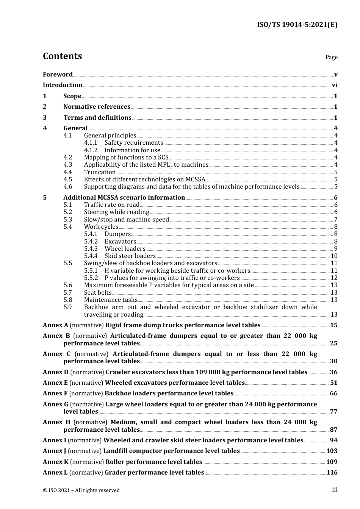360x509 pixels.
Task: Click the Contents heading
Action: [x=62, y=56]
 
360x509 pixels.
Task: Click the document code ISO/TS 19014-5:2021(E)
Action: [x=297, y=25]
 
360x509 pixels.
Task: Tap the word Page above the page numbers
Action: [x=331, y=57]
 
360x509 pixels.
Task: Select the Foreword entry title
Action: [x=58, y=75]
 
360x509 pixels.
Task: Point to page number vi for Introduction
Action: [x=335, y=85]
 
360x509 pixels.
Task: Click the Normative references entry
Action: [x=97, y=107]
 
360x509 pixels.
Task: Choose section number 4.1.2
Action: [x=91, y=150]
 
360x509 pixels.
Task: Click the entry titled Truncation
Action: [x=100, y=172]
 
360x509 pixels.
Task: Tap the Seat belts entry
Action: [x=98, y=292]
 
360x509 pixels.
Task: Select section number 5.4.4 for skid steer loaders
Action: [x=91, y=256]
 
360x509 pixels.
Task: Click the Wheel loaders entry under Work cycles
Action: [x=125, y=249]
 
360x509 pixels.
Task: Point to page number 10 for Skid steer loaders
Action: [x=334, y=256]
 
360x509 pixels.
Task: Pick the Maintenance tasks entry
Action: [x=111, y=300]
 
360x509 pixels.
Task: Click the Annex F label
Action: [x=55, y=393]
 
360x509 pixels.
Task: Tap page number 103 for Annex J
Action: [x=332, y=451]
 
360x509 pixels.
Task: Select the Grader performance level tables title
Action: [x=154, y=473]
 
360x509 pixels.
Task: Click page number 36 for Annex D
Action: [x=333, y=372]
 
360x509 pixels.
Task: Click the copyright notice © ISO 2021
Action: [x=81, y=490]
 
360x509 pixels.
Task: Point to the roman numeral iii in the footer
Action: [x=335, y=490]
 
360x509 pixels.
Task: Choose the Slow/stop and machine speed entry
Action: [x=126, y=220]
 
